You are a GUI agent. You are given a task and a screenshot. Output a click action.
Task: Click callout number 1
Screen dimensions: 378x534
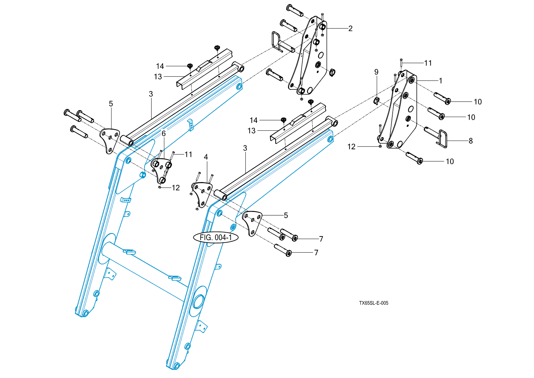coord(440,81)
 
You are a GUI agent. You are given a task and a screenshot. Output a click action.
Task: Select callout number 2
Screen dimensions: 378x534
coord(350,29)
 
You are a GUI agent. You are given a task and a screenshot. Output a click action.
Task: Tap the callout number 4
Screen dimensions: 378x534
coord(206,157)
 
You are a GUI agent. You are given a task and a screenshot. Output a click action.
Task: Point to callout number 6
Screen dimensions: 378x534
coord(164,134)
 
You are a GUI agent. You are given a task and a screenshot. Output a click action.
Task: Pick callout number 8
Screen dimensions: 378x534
coord(471,141)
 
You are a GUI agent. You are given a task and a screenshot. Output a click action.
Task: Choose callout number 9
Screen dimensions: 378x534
coord(376,72)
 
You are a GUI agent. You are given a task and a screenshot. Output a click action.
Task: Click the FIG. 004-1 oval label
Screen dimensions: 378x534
coord(216,237)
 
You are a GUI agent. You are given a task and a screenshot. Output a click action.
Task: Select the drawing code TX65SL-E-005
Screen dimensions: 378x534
coord(373,303)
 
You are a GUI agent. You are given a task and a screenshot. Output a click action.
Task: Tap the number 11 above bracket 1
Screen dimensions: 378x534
coord(428,63)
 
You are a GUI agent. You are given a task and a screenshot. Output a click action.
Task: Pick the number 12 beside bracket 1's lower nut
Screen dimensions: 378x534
coord(351,147)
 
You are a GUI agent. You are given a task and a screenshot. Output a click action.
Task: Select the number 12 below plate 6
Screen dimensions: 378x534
coord(176,188)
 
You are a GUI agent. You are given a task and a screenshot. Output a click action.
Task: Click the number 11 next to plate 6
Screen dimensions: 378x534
coord(188,154)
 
